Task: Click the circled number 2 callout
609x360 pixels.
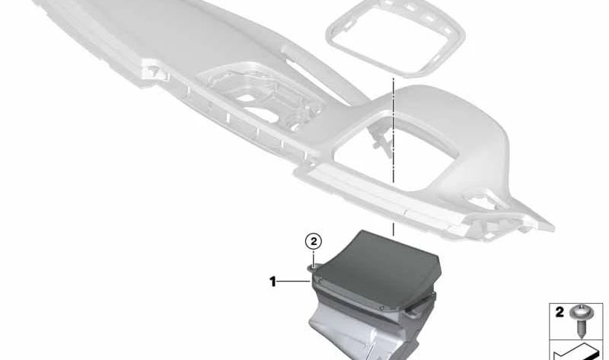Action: tap(314, 241)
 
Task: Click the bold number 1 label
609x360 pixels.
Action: tap(273, 282)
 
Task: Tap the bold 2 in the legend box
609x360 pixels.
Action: tap(560, 312)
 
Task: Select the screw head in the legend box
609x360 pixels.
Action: tap(581, 313)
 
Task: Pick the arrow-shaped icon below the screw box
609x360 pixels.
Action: tap(577, 352)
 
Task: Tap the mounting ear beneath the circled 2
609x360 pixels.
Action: tap(313, 266)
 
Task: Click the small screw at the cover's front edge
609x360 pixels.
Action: tap(382, 308)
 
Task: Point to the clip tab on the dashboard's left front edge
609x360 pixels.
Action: tap(155, 72)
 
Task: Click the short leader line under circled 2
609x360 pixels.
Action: tap(314, 256)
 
